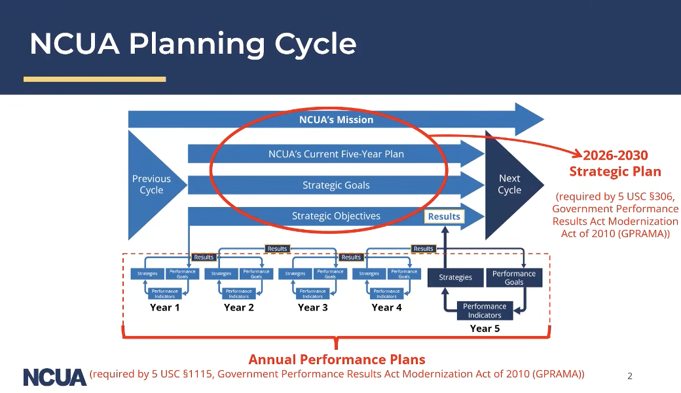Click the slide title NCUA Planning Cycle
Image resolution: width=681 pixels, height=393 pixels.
193,44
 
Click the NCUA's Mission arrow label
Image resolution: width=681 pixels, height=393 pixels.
336,120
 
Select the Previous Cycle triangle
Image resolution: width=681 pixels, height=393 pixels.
151,185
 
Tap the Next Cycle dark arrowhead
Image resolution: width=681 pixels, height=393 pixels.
510,184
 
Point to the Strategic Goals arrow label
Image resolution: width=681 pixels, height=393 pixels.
336,185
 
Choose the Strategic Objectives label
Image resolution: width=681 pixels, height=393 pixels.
336,216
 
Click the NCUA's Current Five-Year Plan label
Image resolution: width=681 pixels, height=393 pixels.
336,155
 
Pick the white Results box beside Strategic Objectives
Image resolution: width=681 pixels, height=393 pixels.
444,217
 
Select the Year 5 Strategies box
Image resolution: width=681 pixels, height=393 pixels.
455,278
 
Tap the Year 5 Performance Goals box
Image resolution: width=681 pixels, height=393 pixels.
514,278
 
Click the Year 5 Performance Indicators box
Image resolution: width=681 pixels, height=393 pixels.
485,310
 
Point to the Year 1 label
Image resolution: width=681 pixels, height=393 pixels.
165,307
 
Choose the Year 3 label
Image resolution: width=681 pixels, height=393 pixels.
312,307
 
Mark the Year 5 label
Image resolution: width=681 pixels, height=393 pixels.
485,329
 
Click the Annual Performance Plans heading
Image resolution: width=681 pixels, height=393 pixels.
337,360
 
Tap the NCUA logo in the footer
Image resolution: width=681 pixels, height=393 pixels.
55,377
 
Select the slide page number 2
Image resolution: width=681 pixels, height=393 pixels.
630,376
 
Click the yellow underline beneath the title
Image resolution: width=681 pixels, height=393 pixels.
95,79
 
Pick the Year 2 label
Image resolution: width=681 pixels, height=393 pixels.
238,307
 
